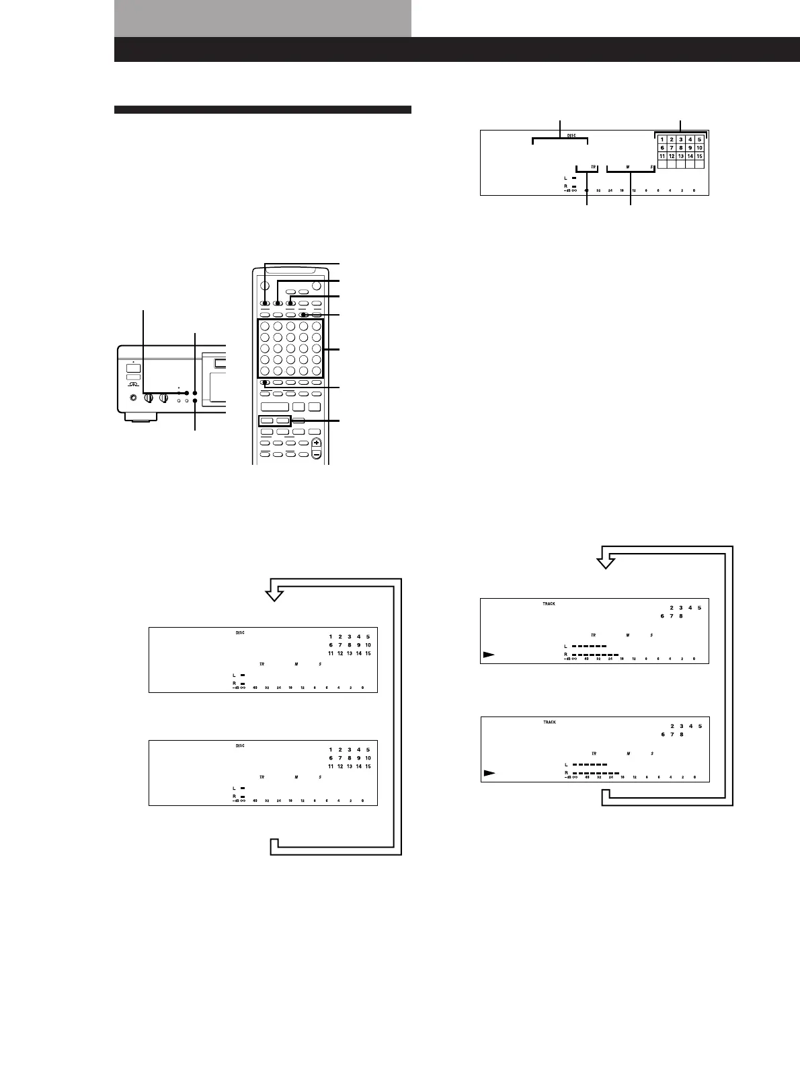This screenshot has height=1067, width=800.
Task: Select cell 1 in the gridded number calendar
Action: (662, 140)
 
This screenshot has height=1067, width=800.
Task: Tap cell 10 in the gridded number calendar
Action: (699, 148)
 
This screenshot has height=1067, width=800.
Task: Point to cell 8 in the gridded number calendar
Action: (680, 148)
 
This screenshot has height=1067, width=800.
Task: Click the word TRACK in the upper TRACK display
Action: (549, 603)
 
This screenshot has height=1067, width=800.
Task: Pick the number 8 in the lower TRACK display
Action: (681, 735)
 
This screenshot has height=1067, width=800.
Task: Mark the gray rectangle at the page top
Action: (262, 18)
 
